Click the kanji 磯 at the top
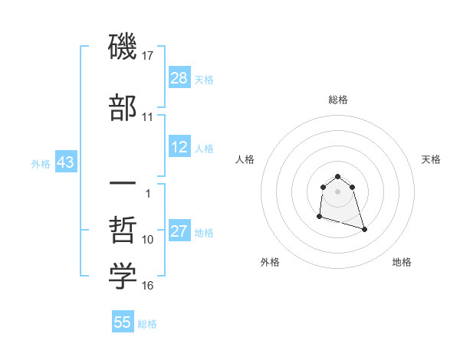click(x=123, y=48)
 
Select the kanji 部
click(x=123, y=107)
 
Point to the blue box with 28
click(x=179, y=77)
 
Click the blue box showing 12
click(x=179, y=147)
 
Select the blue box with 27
click(x=179, y=231)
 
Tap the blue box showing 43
click(x=64, y=162)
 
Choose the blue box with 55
click(x=123, y=322)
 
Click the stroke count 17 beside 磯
click(x=147, y=56)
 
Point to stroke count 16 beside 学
click(x=147, y=286)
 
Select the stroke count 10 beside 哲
click(x=147, y=240)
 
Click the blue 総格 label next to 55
click(x=147, y=324)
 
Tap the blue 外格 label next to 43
click(x=41, y=163)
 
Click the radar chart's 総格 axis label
click(x=338, y=100)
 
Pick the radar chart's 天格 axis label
click(x=432, y=159)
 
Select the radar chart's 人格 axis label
click(x=245, y=159)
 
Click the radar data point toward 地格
click(x=364, y=229)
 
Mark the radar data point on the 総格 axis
click(x=338, y=174)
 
